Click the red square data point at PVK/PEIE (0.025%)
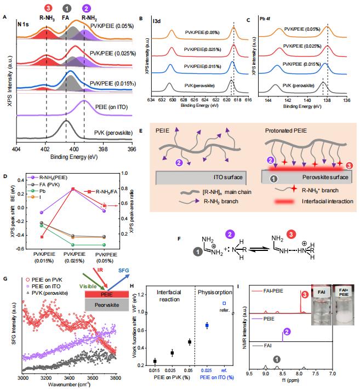coord(73,189)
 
